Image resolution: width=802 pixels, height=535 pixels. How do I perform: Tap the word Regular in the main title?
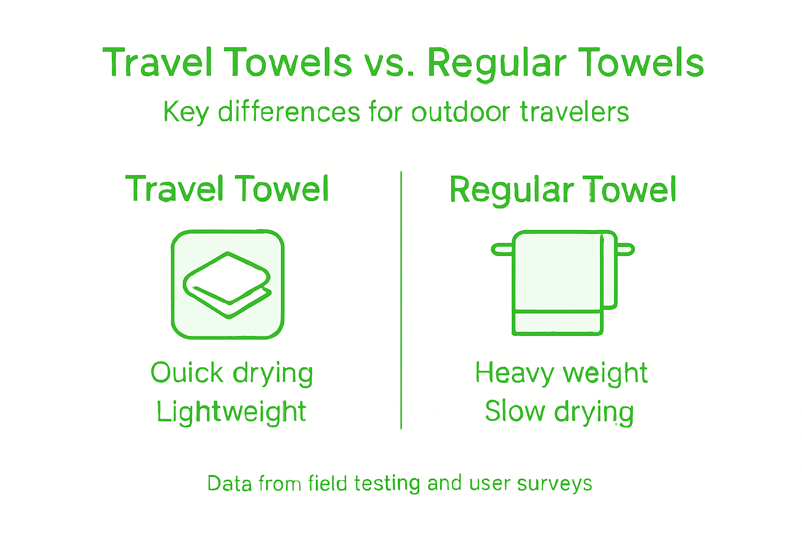coord(497,64)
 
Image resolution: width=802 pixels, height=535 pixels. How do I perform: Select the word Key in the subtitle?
coord(185,112)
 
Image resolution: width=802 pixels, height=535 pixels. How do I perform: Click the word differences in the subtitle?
coord(289,112)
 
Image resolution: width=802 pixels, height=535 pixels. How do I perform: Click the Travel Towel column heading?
coord(227,189)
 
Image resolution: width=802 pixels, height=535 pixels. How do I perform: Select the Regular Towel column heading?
coord(563,190)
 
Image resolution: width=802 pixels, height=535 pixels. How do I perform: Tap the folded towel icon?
coord(228,285)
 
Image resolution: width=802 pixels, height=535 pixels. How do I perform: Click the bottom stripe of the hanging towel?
coord(558,322)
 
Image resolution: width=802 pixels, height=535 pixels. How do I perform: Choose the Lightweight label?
coord(231,412)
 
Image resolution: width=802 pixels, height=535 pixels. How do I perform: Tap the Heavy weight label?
coord(561,374)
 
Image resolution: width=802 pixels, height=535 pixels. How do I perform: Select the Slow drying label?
coord(559,412)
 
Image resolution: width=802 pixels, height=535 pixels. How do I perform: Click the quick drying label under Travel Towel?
coord(232,374)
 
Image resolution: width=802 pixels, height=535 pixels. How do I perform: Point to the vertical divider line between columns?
coord(401,300)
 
